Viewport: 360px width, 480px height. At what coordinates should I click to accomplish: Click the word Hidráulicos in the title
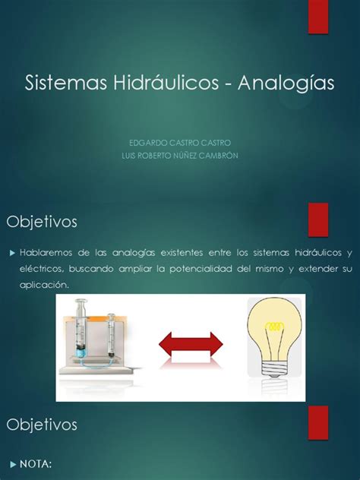click(x=166, y=82)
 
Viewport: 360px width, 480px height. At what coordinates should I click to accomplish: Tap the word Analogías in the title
click(x=286, y=84)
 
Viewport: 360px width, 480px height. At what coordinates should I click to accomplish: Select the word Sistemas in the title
click(x=66, y=82)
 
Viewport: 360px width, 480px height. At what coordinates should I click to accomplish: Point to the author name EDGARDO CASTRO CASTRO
click(x=180, y=143)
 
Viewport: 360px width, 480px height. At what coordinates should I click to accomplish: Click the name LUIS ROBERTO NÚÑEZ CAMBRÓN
click(x=180, y=156)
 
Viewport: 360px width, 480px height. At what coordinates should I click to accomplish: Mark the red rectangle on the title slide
click(x=318, y=17)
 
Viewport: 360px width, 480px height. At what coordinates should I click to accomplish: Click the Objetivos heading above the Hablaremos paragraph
click(x=42, y=222)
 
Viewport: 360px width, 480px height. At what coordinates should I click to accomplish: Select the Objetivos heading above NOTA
click(x=42, y=425)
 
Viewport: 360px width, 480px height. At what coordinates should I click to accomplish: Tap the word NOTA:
click(x=36, y=464)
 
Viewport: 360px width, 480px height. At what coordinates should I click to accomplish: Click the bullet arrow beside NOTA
click(x=13, y=464)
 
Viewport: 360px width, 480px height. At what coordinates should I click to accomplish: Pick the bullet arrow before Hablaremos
click(x=13, y=253)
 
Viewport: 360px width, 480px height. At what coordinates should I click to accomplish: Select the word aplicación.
click(x=44, y=285)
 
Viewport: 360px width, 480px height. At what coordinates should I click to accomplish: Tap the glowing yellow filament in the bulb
click(x=275, y=326)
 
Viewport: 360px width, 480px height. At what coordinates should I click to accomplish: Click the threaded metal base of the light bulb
click(x=274, y=367)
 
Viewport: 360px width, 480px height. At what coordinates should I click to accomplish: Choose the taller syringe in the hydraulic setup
click(x=82, y=328)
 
